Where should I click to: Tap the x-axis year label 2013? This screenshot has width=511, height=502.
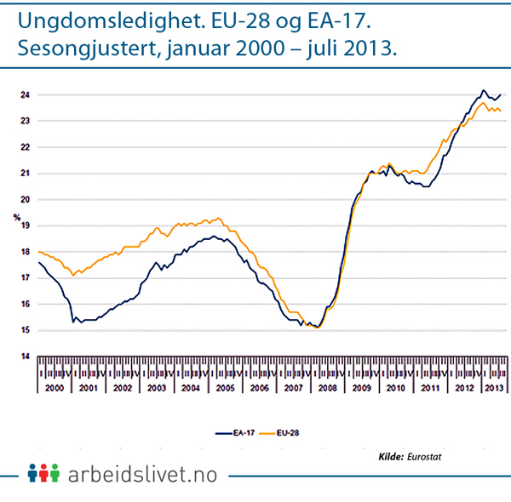point(492,387)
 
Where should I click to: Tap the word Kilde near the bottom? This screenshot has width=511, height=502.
point(390,457)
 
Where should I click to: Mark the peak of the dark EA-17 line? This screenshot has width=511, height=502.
point(483,89)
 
